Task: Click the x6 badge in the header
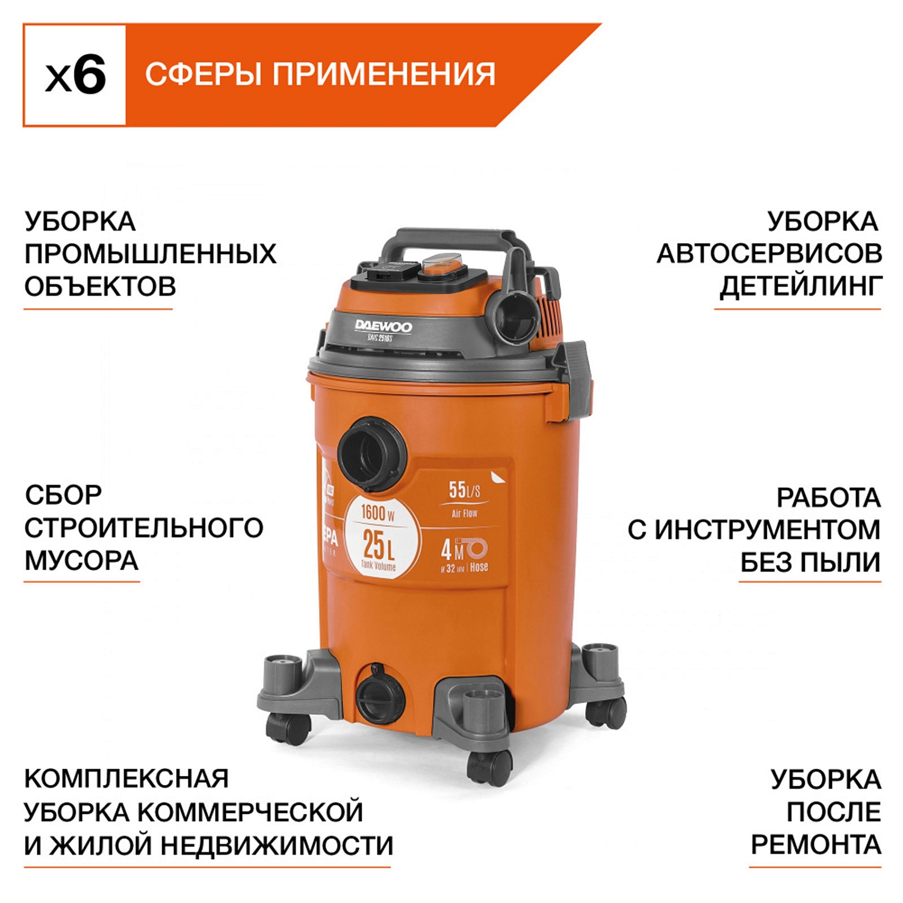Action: pos(75,75)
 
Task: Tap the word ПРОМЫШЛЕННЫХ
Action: pos(150,254)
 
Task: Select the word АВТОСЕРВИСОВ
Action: pos(769,254)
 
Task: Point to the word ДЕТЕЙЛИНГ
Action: pos(801,287)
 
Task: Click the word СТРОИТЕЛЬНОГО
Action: pos(144,528)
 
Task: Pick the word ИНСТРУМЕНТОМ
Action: pos(768,530)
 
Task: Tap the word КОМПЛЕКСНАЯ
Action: pos(127,779)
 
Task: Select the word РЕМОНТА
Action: pos(816,845)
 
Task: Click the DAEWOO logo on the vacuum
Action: pos(383,327)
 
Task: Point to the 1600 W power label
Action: pos(377,514)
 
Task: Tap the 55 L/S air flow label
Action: pos(464,491)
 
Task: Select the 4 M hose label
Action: pos(464,551)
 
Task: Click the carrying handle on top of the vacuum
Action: pos(458,241)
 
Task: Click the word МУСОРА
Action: pos(82,561)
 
